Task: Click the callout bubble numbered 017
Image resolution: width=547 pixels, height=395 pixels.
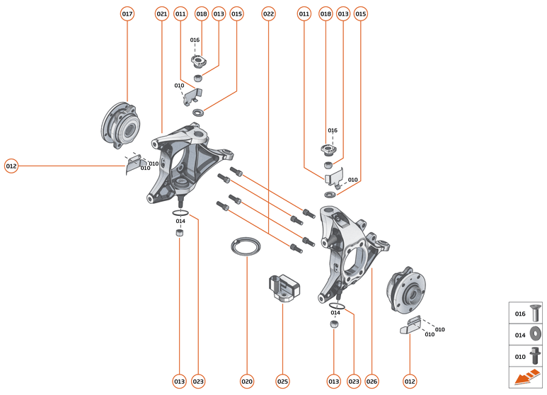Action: pyautogui.click(x=127, y=13)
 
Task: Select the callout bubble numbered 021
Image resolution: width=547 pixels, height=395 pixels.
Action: pyautogui.click(x=161, y=13)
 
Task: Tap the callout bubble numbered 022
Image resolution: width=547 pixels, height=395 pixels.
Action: pyautogui.click(x=268, y=13)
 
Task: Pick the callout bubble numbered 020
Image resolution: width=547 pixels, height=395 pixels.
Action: pyautogui.click(x=246, y=382)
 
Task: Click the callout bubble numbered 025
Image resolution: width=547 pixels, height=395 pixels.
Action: pyautogui.click(x=282, y=382)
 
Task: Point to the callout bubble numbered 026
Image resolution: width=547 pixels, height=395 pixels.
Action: pyautogui.click(x=372, y=382)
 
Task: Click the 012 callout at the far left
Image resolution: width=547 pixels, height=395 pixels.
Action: pyautogui.click(x=11, y=166)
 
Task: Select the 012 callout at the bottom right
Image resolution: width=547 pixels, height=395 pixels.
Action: pyautogui.click(x=410, y=382)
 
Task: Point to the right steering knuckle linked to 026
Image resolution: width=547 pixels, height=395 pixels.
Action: pyautogui.click(x=350, y=248)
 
